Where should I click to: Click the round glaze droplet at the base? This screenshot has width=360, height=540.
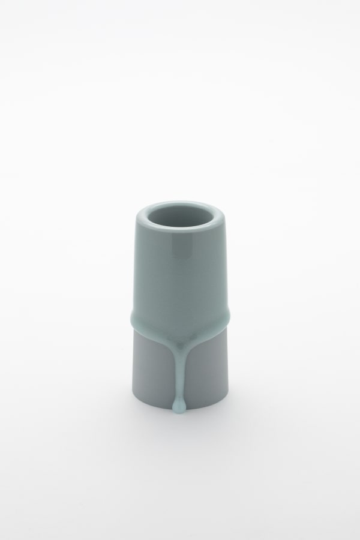click(x=178, y=409)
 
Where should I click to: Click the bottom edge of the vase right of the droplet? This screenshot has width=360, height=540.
click(x=207, y=408)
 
